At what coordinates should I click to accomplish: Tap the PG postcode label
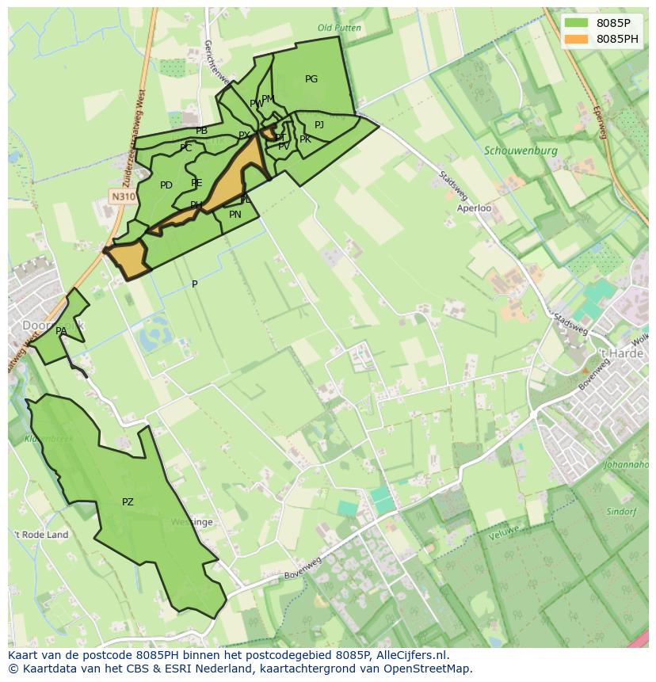coord(311,79)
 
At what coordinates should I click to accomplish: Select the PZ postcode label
coord(128,502)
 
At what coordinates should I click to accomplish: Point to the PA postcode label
coord(61,331)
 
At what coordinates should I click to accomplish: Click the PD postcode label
coord(166,186)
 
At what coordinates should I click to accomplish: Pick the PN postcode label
coord(235,215)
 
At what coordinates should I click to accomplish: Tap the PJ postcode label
coord(319,125)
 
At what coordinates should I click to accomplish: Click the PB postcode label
coord(202,131)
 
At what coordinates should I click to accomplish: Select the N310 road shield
coord(122,196)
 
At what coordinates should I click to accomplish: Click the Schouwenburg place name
coord(521,150)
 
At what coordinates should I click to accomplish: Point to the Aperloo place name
coord(474,208)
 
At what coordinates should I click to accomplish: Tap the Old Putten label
coord(339,28)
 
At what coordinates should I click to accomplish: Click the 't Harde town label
coord(620,353)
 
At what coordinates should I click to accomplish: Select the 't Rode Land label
coord(41,535)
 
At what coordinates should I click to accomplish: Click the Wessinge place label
coord(192,523)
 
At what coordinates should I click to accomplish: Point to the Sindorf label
coord(621,512)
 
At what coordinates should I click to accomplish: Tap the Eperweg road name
coord(598,123)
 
